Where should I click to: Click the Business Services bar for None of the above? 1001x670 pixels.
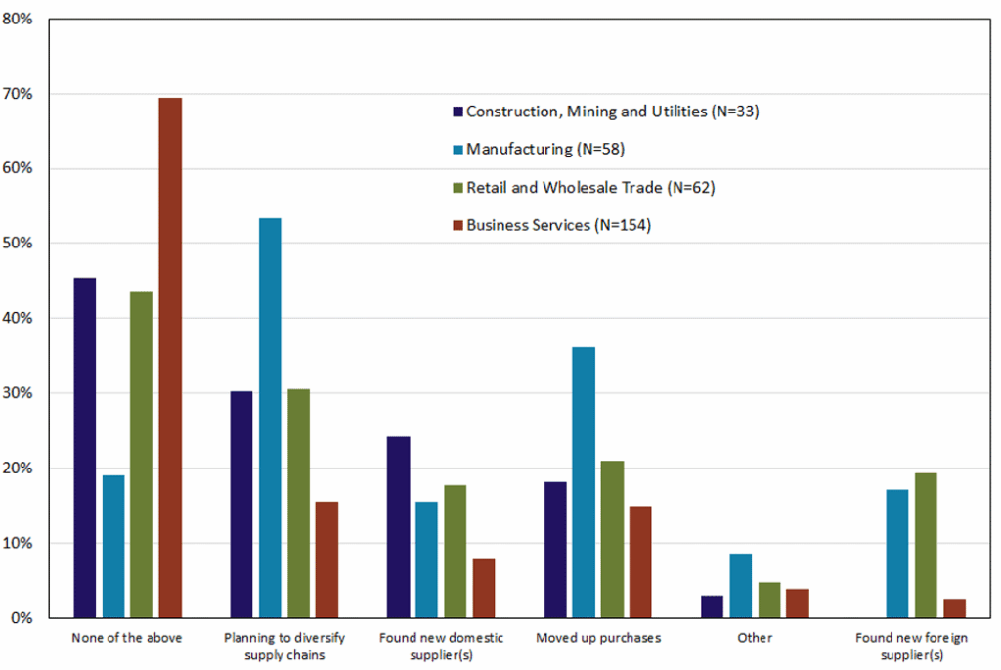click(170, 358)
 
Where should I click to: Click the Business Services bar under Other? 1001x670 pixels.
click(798, 603)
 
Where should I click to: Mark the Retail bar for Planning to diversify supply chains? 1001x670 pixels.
click(298, 504)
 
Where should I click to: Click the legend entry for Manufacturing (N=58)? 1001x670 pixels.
click(545, 150)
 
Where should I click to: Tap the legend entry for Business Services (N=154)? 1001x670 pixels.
click(558, 225)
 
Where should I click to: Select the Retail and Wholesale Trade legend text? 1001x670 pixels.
click(590, 188)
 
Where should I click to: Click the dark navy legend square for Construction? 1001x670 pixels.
click(457, 112)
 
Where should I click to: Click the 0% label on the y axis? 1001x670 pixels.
click(23, 618)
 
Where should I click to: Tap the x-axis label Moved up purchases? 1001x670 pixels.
click(598, 638)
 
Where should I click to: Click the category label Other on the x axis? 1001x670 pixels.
click(756, 638)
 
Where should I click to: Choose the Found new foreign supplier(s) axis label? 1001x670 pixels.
click(911, 646)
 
